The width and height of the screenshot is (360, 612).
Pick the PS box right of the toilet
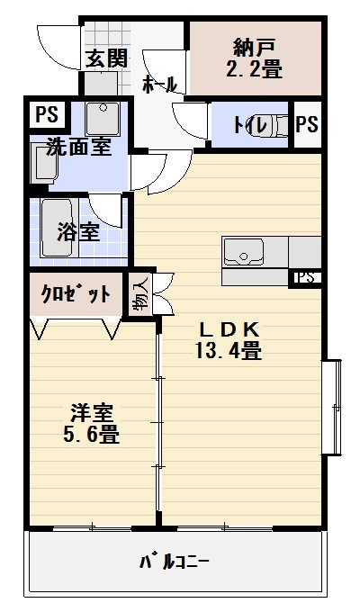(307, 125)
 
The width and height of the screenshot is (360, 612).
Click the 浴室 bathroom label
(78, 231)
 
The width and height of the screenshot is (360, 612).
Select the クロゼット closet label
(76, 294)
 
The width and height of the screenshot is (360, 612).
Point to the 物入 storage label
(141, 293)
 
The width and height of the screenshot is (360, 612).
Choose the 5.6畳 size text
(94, 436)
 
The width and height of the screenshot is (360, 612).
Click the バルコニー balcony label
(174, 563)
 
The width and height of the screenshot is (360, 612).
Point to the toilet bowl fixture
(278, 126)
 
